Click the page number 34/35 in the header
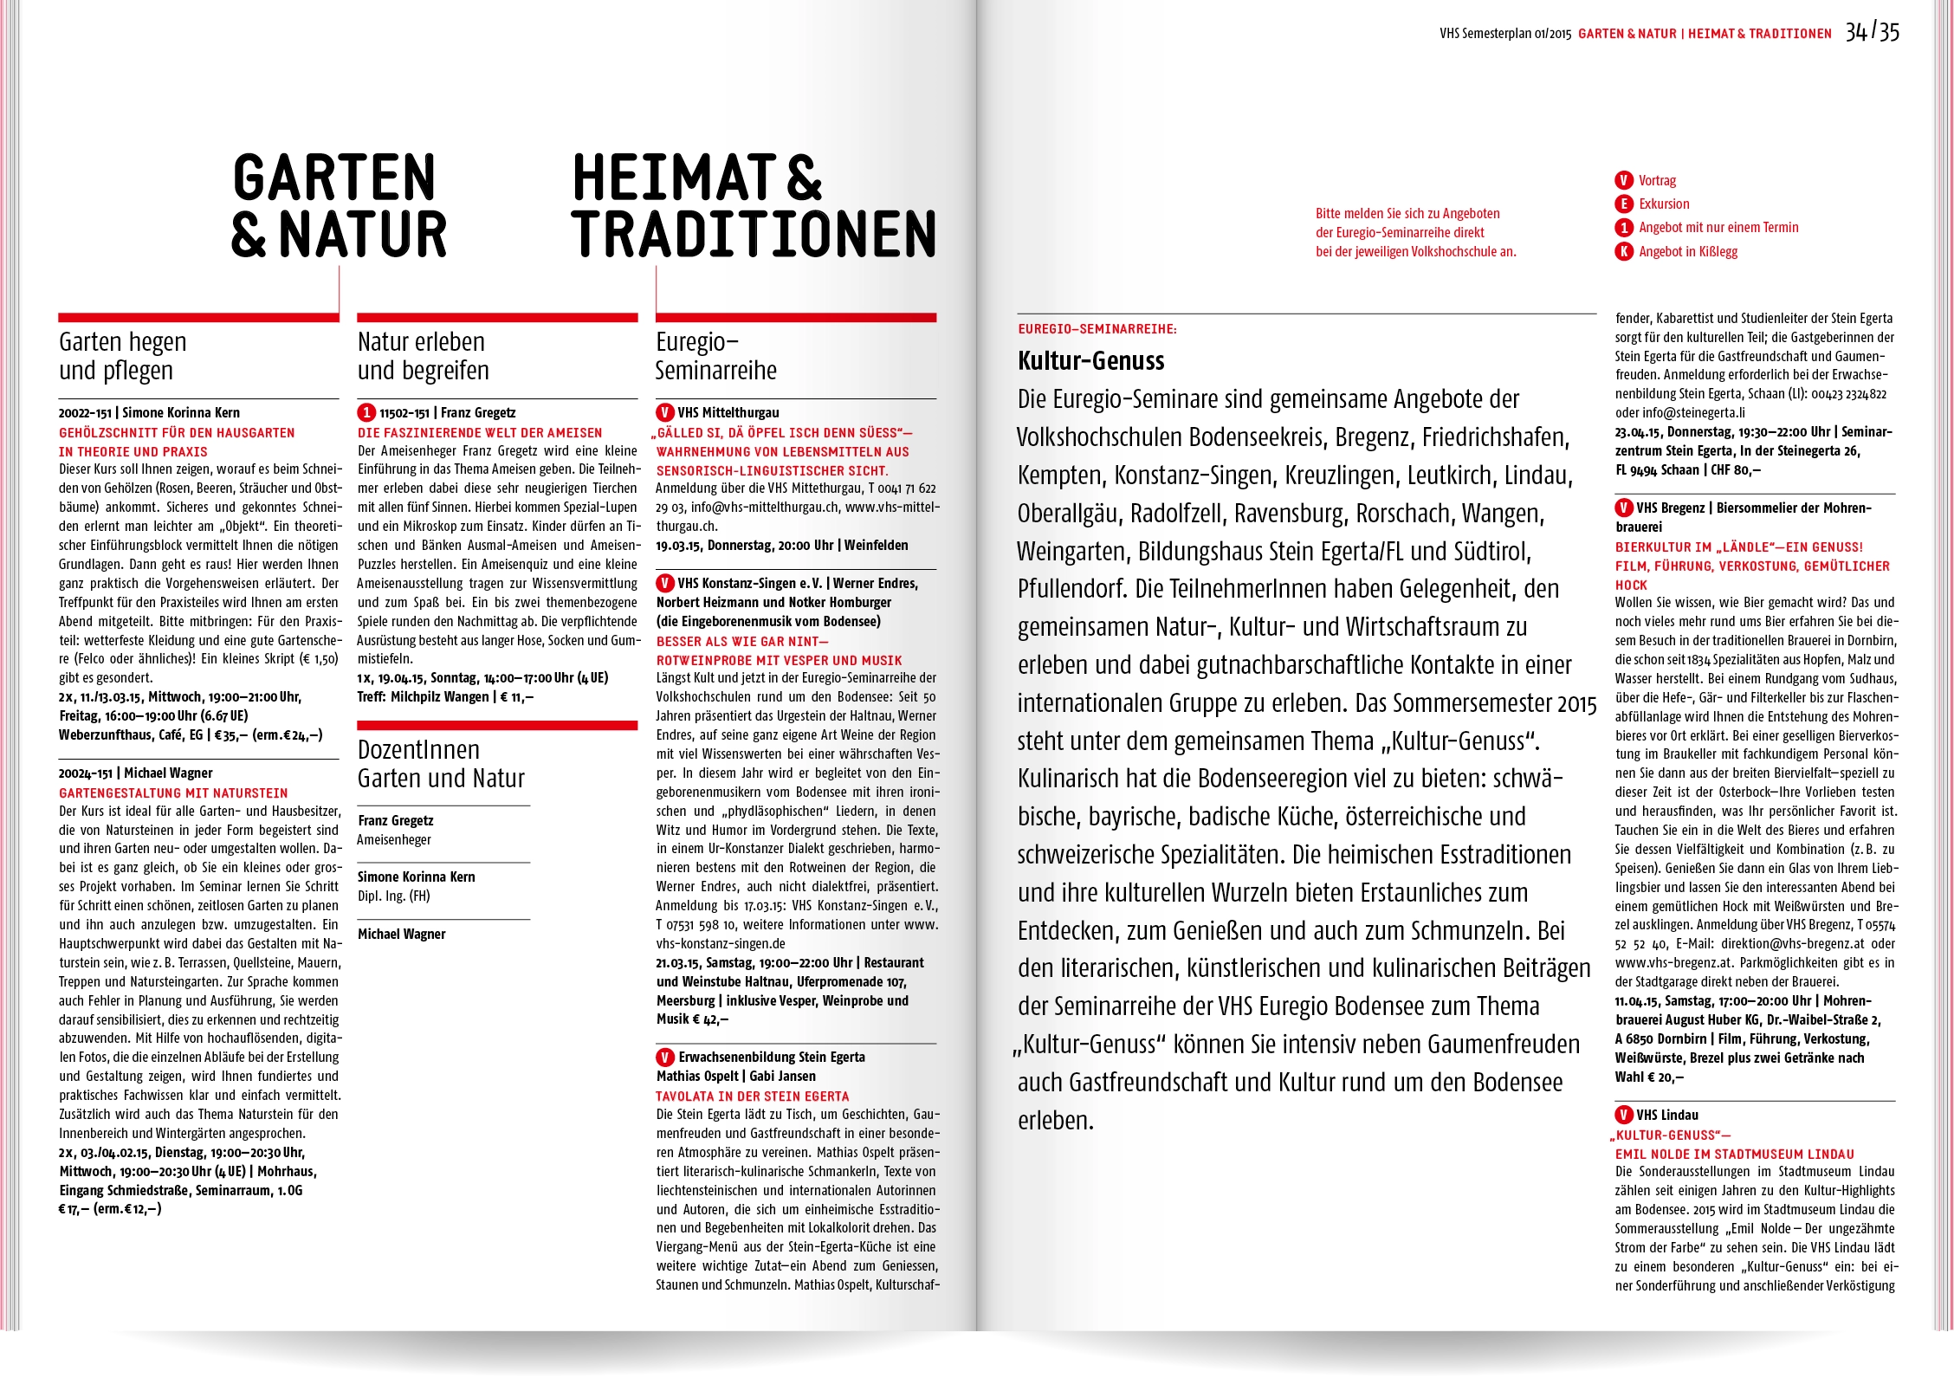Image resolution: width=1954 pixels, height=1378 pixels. click(x=1872, y=32)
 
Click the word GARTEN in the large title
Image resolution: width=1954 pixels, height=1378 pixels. click(x=333, y=178)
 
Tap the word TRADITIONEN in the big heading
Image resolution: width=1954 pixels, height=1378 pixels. click(x=754, y=234)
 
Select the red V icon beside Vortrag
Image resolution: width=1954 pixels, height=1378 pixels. click(x=1623, y=180)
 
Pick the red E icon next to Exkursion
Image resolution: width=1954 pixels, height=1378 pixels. click(x=1623, y=204)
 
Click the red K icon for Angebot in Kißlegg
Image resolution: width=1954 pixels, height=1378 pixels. click(x=1623, y=251)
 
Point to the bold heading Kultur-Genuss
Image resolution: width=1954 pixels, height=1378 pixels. click(x=1090, y=360)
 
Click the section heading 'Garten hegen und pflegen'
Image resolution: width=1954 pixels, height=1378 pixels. click(x=123, y=356)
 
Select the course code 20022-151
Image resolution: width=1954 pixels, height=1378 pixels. click(x=85, y=413)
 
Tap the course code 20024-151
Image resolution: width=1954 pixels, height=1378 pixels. click(x=85, y=773)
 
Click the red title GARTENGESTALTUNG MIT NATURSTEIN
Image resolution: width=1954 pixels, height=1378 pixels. click(x=173, y=793)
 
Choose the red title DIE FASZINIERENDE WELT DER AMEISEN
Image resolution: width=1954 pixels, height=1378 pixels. click(x=480, y=432)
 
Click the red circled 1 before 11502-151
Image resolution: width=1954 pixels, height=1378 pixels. click(x=366, y=413)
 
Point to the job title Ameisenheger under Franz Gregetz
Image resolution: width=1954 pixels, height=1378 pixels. click(x=394, y=839)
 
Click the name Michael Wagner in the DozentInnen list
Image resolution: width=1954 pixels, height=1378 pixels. click(x=401, y=934)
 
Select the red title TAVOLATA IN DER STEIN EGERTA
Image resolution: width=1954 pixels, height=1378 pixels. click(x=752, y=1096)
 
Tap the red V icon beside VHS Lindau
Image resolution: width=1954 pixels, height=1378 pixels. click(x=1623, y=1115)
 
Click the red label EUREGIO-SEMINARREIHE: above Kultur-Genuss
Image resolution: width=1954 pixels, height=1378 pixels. click(x=1097, y=329)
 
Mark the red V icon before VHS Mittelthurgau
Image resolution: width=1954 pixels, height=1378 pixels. click(x=664, y=413)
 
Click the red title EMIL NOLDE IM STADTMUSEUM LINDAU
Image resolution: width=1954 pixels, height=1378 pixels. click(x=1734, y=1154)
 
